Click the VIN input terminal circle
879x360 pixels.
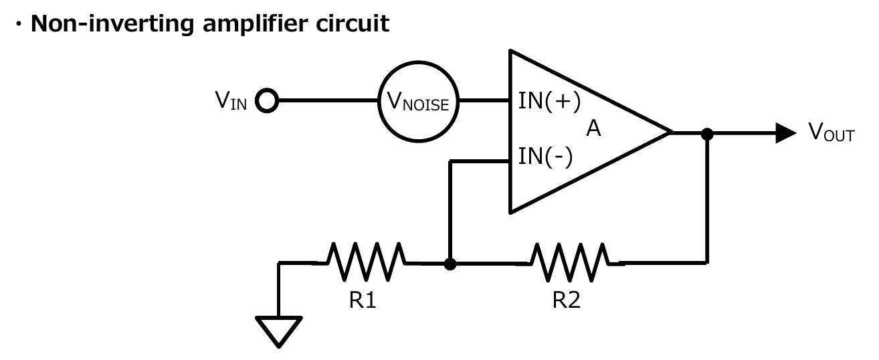click(267, 101)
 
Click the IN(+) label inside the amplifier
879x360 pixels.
click(549, 102)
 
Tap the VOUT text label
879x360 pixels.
click(832, 132)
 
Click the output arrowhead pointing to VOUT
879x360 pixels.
click(785, 132)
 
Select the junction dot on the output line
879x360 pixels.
click(707, 134)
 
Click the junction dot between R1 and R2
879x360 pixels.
click(450, 264)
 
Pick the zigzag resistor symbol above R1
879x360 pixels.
click(365, 262)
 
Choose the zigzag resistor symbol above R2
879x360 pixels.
click(569, 262)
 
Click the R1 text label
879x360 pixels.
click(363, 300)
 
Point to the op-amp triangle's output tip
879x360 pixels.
click(668, 133)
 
